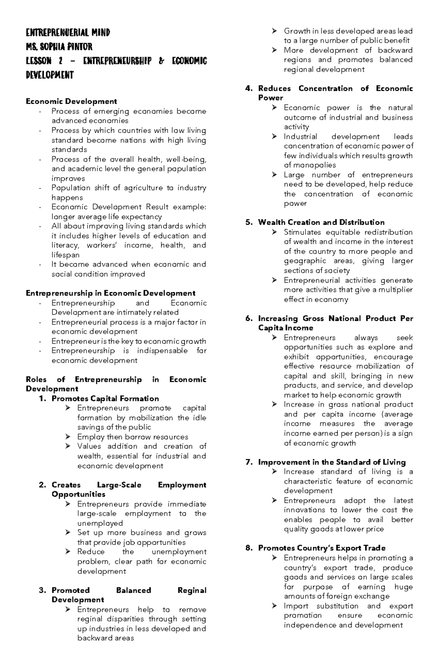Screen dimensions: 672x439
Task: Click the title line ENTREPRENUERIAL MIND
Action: pos(68,33)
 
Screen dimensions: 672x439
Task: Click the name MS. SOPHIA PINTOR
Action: pos(59,47)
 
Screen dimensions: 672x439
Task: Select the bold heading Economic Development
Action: pos(71,101)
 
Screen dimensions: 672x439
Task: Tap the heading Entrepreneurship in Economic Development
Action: pos(110,293)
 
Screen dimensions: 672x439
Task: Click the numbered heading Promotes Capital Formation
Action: pos(105,398)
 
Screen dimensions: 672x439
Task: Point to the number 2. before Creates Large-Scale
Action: pos(42,485)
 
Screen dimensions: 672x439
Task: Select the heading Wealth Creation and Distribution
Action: pos(321,222)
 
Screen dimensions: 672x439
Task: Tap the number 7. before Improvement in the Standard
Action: pos(249,462)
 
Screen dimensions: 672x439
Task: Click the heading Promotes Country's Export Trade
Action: pos(322,548)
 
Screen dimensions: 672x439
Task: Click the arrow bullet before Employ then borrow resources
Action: pos(68,437)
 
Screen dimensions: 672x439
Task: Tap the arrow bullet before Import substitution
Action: pos(274,606)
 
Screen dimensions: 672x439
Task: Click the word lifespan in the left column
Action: pos(65,255)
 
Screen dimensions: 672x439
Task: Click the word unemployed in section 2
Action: pos(100,523)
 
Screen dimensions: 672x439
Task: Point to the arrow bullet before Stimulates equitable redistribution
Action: pos(274,232)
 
